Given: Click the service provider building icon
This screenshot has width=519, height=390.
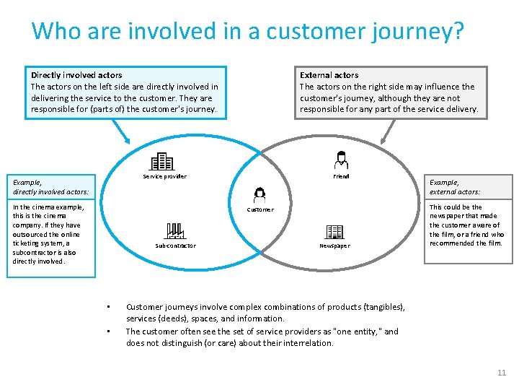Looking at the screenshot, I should click(162, 161).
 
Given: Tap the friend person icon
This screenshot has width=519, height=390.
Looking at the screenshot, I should click(341, 160).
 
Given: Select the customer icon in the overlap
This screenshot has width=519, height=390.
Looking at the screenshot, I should click(259, 194).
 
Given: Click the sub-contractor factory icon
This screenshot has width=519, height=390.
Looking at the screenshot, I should click(175, 231).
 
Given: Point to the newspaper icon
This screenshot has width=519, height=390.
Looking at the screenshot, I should click(334, 231).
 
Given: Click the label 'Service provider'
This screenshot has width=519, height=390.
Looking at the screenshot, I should click(164, 176).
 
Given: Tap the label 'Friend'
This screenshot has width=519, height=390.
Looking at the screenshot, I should click(341, 176).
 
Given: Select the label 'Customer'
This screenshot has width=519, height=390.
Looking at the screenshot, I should click(260, 209).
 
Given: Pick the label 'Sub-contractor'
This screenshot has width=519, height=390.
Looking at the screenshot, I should click(175, 246).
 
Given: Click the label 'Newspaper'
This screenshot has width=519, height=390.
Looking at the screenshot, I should click(334, 246).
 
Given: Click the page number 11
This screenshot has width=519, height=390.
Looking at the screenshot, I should click(502, 373).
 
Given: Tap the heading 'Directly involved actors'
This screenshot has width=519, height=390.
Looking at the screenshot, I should click(76, 75).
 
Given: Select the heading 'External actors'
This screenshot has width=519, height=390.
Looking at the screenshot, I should click(329, 75).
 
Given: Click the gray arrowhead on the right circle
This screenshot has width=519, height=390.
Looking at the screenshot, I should click(390, 139).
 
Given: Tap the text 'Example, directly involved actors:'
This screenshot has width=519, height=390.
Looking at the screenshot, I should click(50, 187).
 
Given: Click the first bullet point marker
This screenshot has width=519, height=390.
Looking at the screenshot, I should click(107, 306).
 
